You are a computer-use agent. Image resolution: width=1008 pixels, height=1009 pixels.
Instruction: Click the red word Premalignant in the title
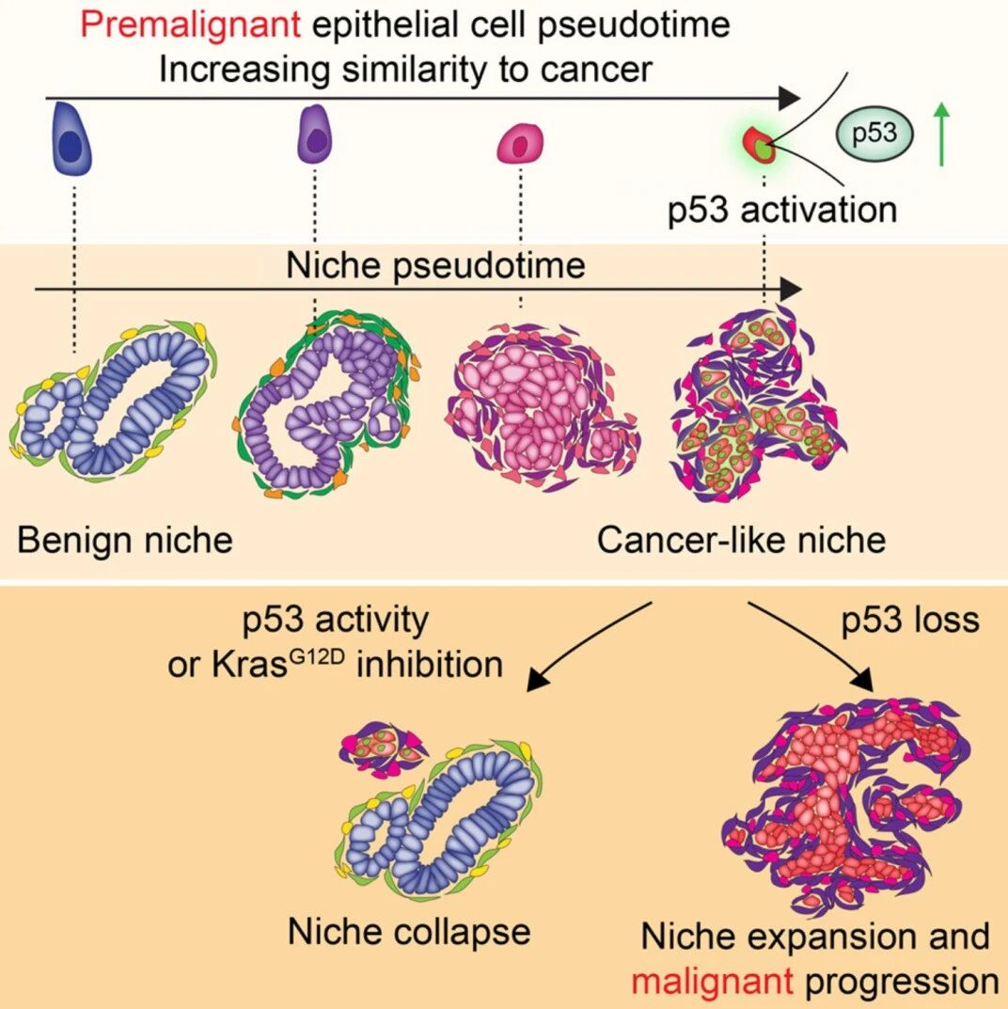click(x=190, y=25)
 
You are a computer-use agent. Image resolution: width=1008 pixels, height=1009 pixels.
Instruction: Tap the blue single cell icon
click(x=71, y=138)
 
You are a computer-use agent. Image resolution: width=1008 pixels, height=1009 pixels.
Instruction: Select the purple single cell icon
click(x=315, y=134)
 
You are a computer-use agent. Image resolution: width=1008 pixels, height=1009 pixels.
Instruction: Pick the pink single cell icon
click(x=520, y=144)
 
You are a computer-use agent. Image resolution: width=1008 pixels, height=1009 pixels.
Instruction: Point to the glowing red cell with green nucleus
click(x=759, y=146)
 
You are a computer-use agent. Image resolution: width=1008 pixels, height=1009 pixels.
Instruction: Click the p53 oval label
click(x=874, y=134)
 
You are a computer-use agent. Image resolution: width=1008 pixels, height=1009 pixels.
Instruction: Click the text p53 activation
click(x=781, y=210)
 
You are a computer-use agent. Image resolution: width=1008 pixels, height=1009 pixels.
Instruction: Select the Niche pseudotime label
click(x=435, y=265)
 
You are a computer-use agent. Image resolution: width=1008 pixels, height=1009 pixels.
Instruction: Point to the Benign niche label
click(x=125, y=539)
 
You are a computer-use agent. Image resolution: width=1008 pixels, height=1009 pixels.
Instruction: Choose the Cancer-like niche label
click(x=741, y=539)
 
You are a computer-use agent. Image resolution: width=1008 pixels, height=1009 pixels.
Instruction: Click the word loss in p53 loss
click(x=944, y=620)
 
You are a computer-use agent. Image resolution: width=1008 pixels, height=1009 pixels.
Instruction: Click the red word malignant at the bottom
click(x=712, y=982)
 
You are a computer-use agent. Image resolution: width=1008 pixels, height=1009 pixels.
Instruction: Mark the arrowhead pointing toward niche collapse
click(x=537, y=681)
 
